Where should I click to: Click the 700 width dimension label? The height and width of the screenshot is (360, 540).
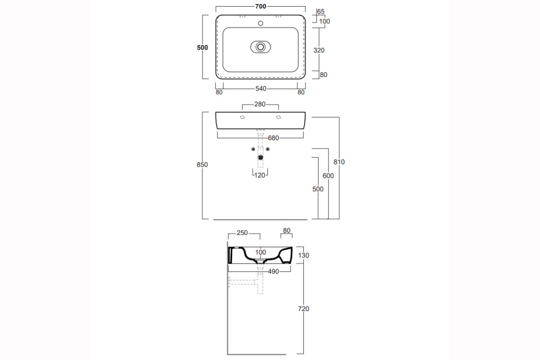(261, 6)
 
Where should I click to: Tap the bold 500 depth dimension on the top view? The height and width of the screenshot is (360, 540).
(202, 48)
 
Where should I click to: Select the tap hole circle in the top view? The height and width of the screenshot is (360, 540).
(261, 23)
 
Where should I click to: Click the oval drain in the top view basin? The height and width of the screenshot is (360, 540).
(261, 47)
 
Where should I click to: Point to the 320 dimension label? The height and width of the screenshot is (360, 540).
(319, 50)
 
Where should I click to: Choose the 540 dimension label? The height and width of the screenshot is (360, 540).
(261, 89)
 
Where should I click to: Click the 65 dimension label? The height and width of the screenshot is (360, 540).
(320, 11)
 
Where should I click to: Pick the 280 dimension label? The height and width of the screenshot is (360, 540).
(260, 104)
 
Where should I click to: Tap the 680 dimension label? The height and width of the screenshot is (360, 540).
(274, 138)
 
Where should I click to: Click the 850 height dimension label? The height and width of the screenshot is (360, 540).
(202, 164)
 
